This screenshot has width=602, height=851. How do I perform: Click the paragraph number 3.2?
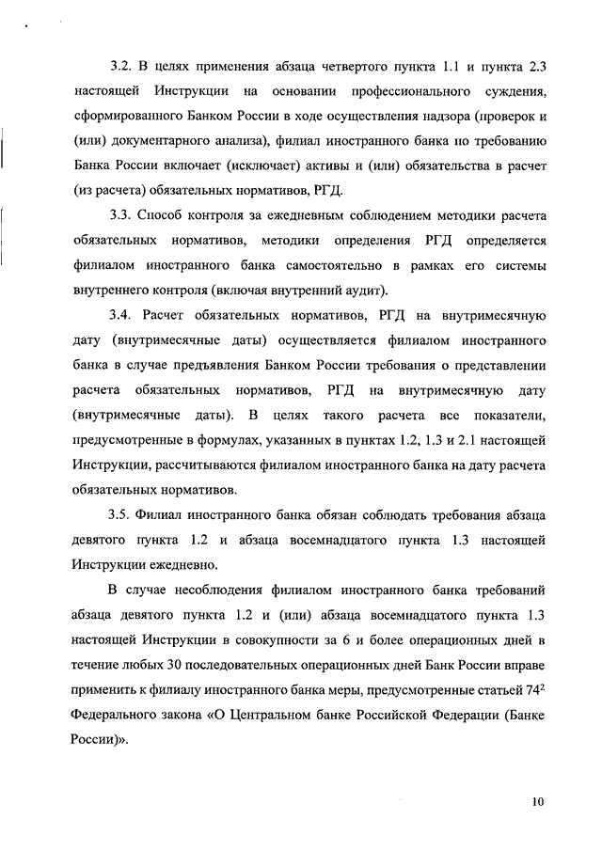pos(122,69)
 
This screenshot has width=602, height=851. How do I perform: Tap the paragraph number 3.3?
pos(122,215)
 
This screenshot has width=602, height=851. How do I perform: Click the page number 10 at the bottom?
pos(537,801)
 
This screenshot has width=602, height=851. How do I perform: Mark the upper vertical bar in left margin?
pos(5,150)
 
